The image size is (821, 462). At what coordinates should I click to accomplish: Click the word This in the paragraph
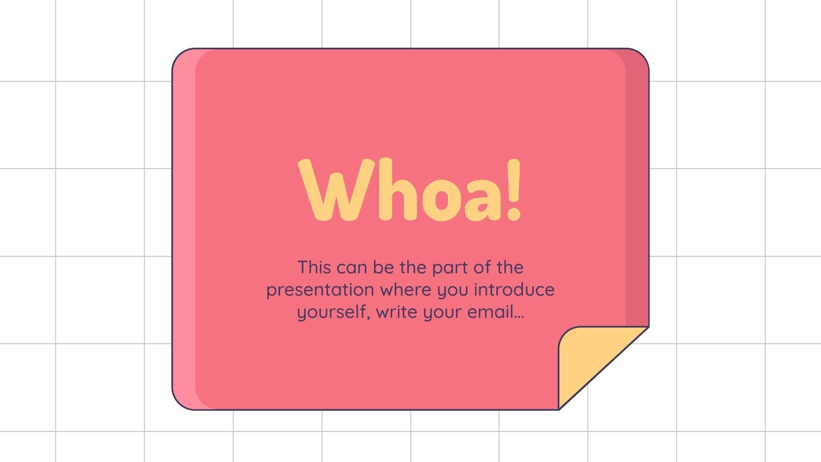315,267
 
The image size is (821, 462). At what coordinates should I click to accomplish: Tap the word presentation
320,290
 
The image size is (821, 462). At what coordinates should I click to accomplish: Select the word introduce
514,290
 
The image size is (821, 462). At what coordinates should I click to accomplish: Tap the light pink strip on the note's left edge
184,231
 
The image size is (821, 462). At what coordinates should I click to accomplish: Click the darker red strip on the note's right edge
638,205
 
